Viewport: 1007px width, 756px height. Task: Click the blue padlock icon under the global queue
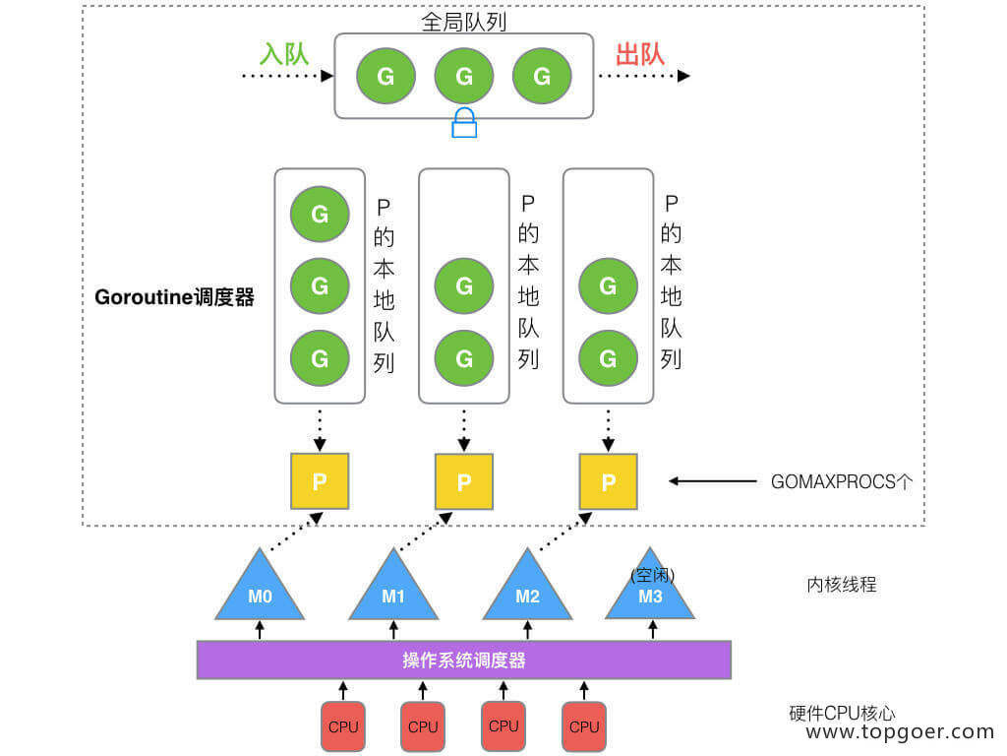(464, 124)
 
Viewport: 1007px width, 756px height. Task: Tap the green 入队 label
(283, 53)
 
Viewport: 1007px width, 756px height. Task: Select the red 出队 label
(640, 53)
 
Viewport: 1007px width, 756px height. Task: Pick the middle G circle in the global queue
(464, 76)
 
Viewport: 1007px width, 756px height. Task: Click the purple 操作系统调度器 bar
(464, 660)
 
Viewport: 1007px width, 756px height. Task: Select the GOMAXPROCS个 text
(843, 482)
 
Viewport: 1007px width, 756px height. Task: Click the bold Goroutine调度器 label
(174, 297)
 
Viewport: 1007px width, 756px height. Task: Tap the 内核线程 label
(841, 585)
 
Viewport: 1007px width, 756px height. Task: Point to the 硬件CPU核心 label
(842, 714)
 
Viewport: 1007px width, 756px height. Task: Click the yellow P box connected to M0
(320, 481)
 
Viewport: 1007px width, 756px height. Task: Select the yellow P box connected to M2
(608, 481)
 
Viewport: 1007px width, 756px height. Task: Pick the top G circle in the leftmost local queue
(320, 214)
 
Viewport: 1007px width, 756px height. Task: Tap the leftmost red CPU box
(342, 726)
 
